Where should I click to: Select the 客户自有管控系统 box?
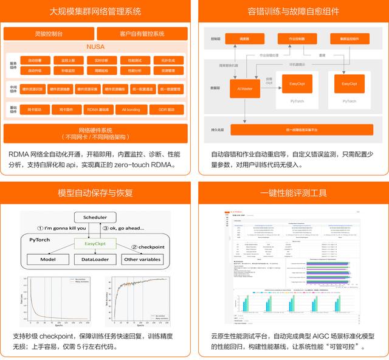coord(141,33)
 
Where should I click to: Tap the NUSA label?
coord(96,47)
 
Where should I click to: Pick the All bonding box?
coord(130,109)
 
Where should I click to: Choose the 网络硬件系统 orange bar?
coord(96,133)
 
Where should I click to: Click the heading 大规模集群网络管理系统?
coord(95,11)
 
